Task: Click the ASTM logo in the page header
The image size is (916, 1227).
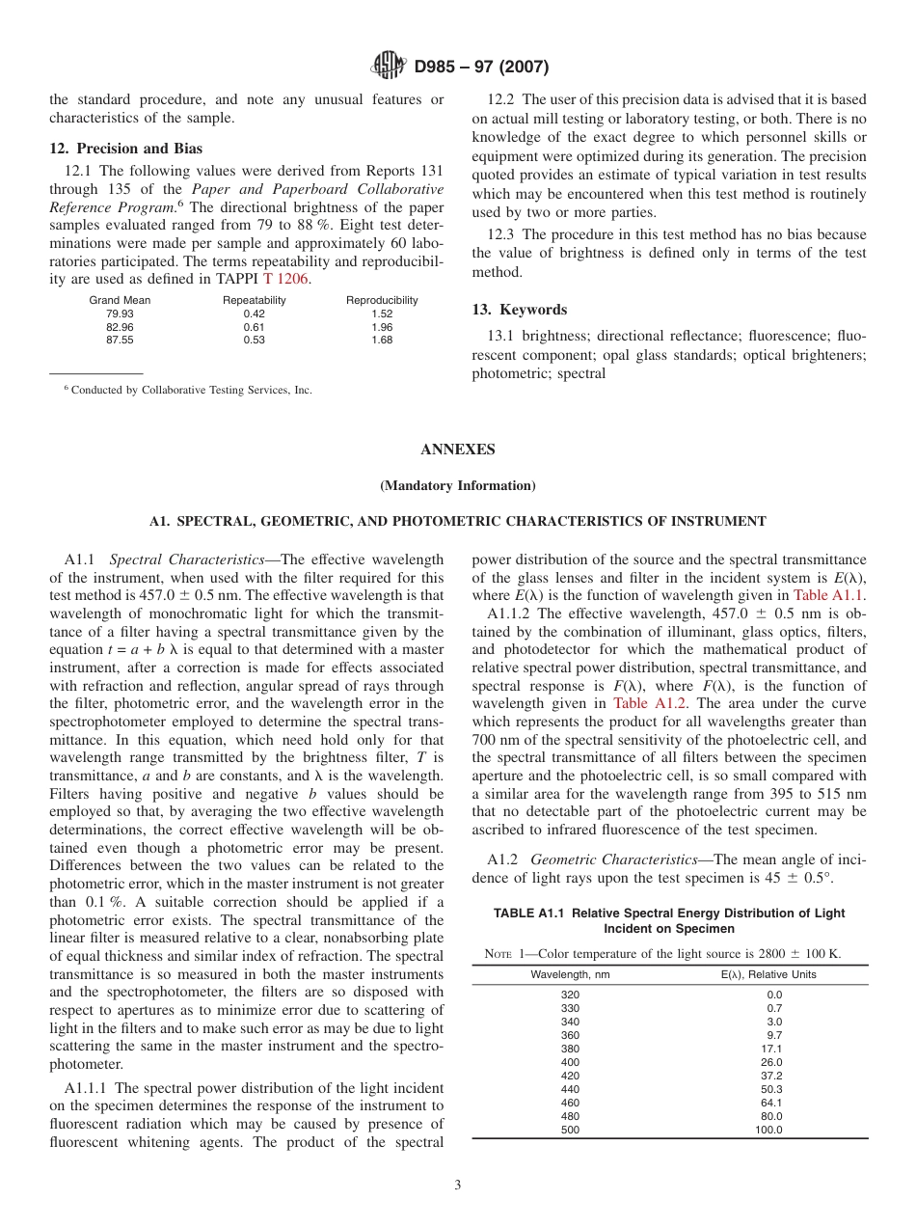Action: [x=390, y=67]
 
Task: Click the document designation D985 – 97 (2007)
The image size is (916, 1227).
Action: [x=481, y=68]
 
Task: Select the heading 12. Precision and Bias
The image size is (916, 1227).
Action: [x=126, y=149]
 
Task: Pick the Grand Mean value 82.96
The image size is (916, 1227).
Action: [x=120, y=327]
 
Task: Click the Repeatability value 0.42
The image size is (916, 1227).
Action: [x=254, y=314]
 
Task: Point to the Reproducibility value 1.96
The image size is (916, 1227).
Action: [x=382, y=327]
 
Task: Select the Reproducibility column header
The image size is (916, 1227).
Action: [x=382, y=300]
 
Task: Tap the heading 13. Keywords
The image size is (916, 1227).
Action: [x=519, y=310]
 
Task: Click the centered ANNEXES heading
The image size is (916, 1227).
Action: [x=458, y=450]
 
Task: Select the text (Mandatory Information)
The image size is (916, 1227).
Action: [x=458, y=485]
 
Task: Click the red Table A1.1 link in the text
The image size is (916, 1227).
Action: [x=829, y=595]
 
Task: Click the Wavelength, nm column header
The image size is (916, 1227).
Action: [x=570, y=974]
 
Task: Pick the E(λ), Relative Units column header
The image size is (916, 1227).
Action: [x=768, y=974]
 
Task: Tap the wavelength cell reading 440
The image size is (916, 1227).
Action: [x=570, y=1089]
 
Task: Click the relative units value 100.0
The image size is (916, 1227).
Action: [x=768, y=1130]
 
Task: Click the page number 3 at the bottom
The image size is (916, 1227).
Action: [x=458, y=1186]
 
